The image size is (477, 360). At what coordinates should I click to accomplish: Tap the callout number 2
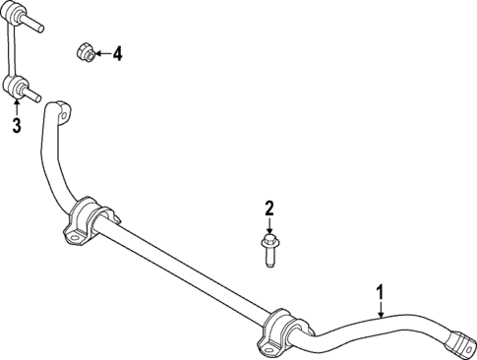tap(268, 209)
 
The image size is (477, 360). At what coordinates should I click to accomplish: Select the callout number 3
tap(16, 124)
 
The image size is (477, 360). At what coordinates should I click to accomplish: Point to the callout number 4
tap(117, 53)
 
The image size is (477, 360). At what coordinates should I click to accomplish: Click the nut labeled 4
tap(86, 52)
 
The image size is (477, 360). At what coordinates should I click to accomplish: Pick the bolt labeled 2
tap(268, 250)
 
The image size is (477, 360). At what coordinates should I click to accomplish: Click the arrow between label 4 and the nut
tap(101, 53)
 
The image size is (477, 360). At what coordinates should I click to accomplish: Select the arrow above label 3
tap(16, 107)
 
